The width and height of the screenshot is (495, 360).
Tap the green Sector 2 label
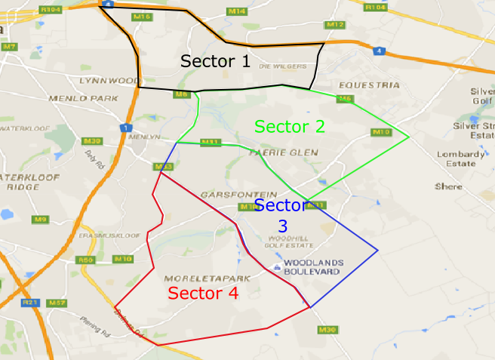point(290,127)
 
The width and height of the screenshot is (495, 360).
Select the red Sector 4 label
point(203,294)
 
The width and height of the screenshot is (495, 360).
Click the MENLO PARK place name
point(94,98)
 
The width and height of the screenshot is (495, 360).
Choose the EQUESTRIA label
point(369,85)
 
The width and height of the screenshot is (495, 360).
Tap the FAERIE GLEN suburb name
point(283,153)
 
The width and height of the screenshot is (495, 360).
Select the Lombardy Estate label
point(460,158)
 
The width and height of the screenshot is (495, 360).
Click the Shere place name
point(448,186)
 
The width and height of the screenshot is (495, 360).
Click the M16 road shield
point(142,16)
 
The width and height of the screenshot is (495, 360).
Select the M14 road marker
point(237,11)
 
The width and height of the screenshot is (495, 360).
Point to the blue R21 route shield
point(31,303)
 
